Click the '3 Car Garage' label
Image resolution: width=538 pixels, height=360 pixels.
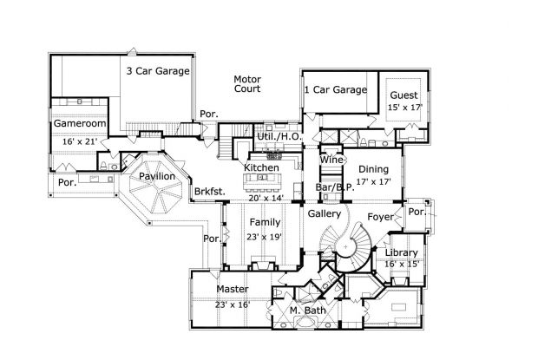tap(158, 72)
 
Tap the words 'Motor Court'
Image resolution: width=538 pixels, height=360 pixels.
tap(247, 84)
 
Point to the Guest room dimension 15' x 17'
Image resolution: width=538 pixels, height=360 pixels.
tap(404, 108)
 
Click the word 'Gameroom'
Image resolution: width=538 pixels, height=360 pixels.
tap(80, 125)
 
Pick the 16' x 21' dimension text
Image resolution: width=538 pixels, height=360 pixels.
tap(79, 140)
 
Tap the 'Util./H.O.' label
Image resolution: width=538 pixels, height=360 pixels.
tap(279, 137)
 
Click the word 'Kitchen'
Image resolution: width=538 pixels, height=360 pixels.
tap(261, 167)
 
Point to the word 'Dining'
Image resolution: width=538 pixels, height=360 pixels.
tap(374, 170)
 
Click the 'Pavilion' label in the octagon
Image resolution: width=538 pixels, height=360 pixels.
tap(157, 177)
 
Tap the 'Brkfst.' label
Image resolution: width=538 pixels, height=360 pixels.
tap(209, 190)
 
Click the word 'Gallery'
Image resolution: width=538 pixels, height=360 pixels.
tap(325, 213)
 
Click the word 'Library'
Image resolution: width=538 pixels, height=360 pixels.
tap(402, 252)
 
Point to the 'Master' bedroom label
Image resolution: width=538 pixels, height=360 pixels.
tap(233, 289)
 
